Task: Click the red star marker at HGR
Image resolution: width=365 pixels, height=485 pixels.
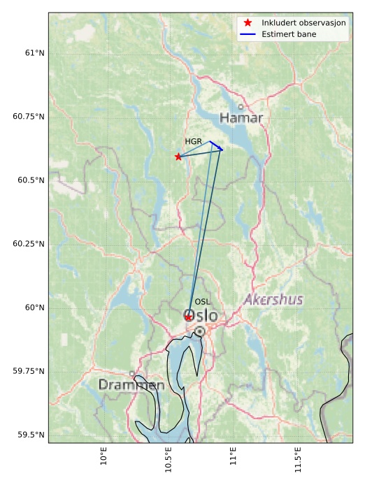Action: pyautogui.click(x=178, y=157)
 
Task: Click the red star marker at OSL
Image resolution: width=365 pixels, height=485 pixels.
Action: pyautogui.click(x=189, y=317)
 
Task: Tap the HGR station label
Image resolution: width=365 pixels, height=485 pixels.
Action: pyautogui.click(x=193, y=142)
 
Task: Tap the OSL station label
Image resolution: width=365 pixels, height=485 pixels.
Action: pyautogui.click(x=203, y=302)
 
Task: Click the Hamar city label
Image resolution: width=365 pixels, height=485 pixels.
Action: pyautogui.click(x=241, y=118)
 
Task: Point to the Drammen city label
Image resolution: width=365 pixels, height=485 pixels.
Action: pyautogui.click(x=131, y=385)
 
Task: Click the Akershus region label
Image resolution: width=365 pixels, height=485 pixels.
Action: pyautogui.click(x=273, y=300)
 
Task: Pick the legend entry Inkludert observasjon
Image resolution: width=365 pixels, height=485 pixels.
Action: pyautogui.click(x=303, y=23)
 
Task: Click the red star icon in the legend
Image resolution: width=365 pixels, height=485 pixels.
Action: pyautogui.click(x=248, y=23)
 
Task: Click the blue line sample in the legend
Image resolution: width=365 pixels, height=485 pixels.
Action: pyautogui.click(x=248, y=34)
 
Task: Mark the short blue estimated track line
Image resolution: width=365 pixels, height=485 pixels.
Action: pyautogui.click(x=216, y=145)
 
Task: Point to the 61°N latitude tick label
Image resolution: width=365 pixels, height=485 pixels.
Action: pyautogui.click(x=34, y=53)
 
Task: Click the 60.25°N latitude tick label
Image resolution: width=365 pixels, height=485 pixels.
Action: pyautogui.click(x=29, y=244)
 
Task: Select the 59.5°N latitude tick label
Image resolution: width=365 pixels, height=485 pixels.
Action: pyautogui.click(x=31, y=435)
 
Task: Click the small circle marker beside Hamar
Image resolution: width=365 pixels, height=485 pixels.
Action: pyautogui.click(x=241, y=107)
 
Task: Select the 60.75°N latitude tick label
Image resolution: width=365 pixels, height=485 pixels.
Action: pyautogui.click(x=29, y=117)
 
